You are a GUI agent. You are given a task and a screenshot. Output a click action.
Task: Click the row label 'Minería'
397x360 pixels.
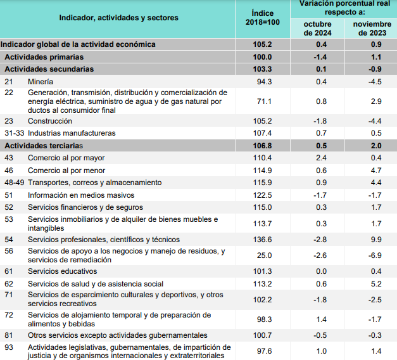tap(41, 82)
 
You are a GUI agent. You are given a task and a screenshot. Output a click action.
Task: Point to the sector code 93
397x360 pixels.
tap(9, 347)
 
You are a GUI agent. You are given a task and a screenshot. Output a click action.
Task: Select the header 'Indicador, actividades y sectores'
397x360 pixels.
tap(118, 18)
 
